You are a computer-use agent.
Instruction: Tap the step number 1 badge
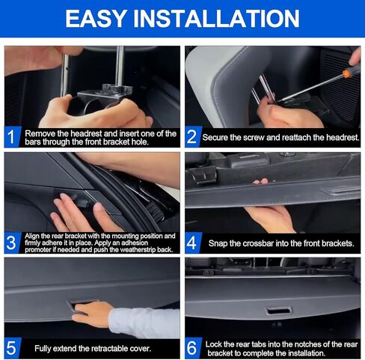(12, 138)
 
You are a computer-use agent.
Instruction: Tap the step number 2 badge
(192, 138)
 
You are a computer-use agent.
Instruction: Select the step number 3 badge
(12, 243)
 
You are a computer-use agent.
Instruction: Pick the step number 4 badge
(192, 243)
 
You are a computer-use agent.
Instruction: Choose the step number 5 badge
(12, 349)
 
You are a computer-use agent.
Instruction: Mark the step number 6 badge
(192, 349)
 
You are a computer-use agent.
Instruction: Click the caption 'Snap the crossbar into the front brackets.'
(278, 243)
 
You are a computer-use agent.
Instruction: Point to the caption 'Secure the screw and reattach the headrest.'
(280, 138)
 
